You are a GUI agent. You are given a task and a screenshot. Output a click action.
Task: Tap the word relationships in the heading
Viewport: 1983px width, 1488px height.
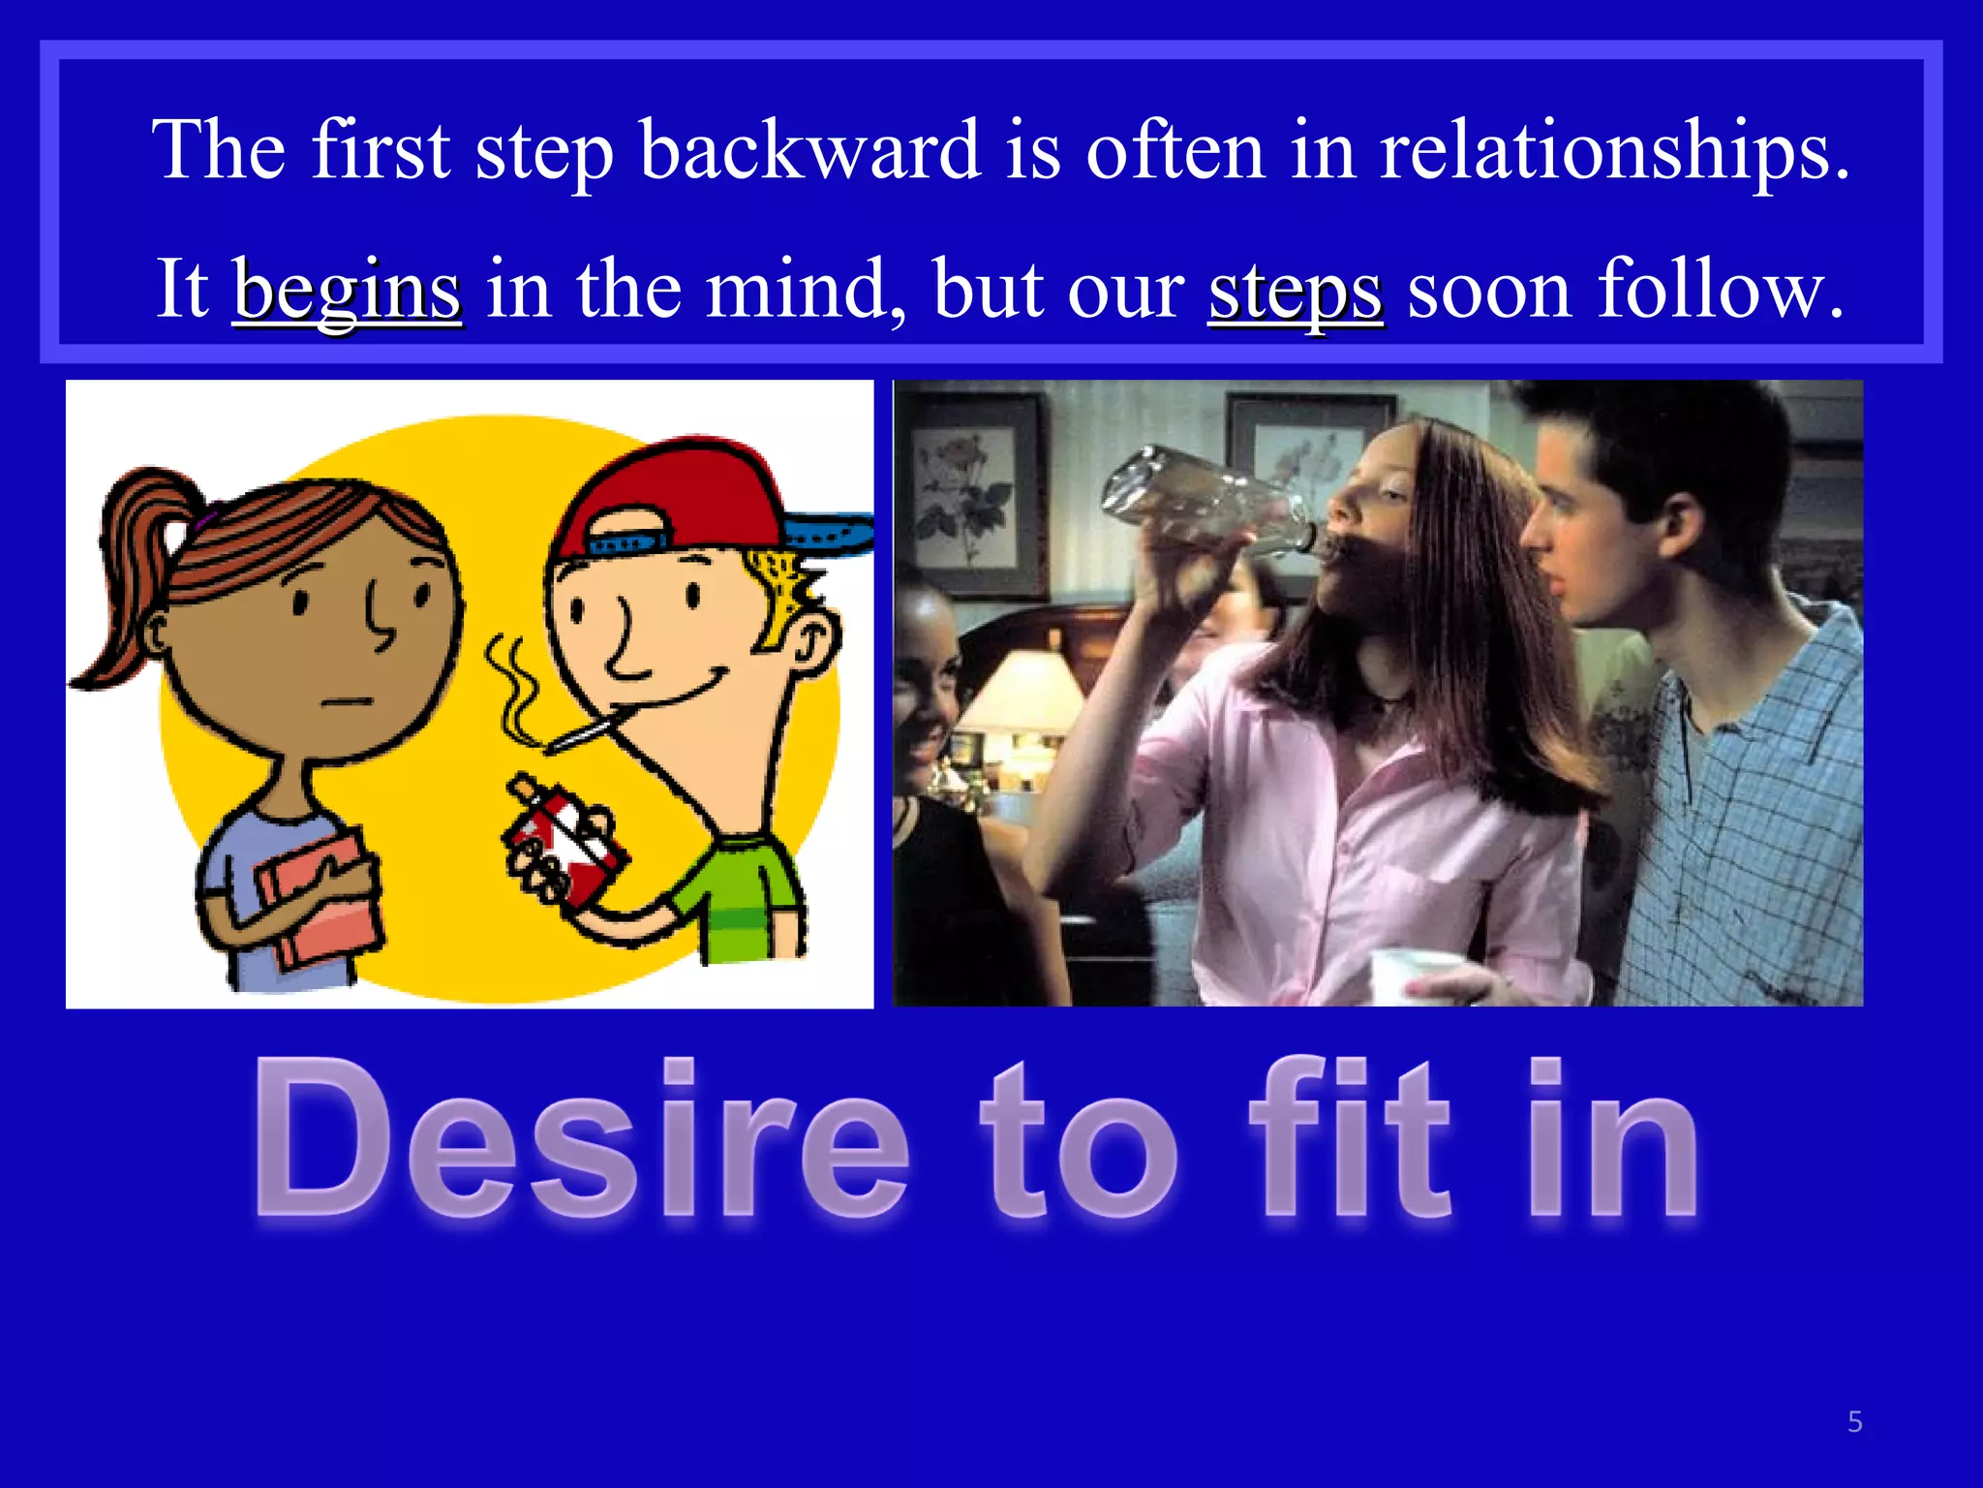(x=1612, y=151)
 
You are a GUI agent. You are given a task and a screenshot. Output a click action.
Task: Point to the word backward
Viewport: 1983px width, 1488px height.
(x=809, y=151)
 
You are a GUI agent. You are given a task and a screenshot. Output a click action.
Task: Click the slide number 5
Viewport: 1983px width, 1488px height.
(x=1854, y=1421)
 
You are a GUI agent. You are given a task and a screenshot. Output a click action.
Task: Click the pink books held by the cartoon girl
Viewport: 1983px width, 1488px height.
(x=320, y=901)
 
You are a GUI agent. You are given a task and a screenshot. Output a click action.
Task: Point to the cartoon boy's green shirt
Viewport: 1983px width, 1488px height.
(x=746, y=901)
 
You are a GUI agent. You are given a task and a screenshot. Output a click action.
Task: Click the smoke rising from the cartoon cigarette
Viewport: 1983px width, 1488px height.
(x=513, y=688)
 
